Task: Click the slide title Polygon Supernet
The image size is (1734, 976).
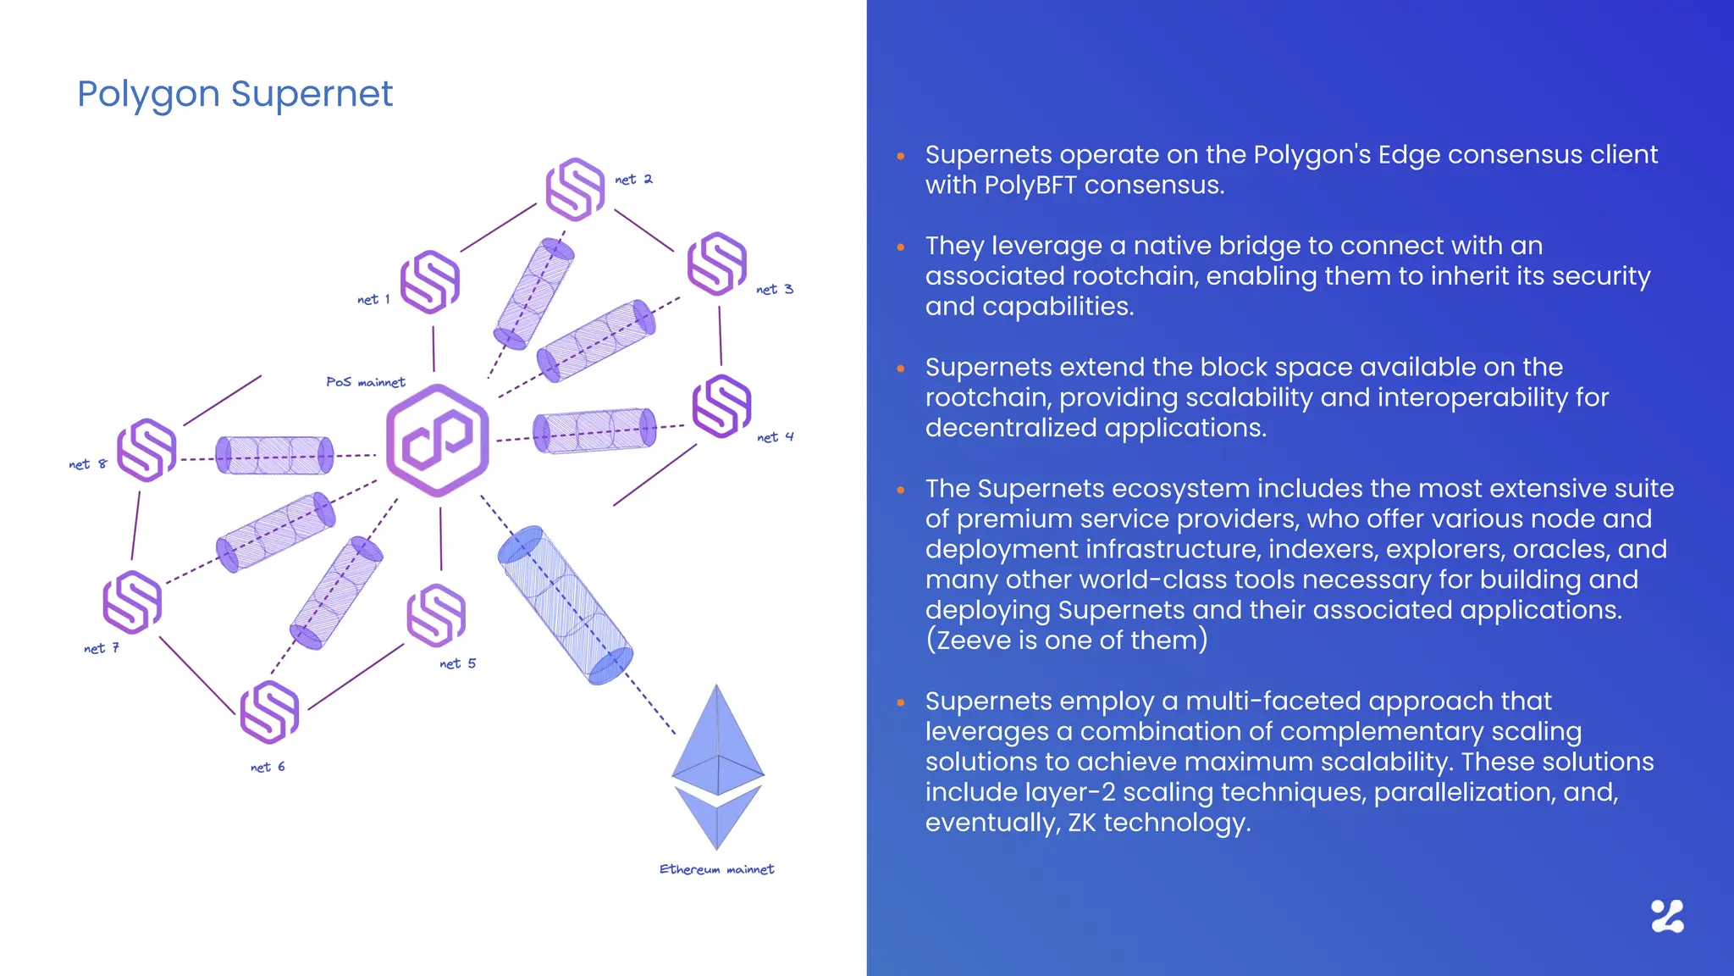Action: tap(235, 94)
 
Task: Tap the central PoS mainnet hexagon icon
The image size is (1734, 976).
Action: tap(438, 441)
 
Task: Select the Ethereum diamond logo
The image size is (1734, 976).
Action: tap(718, 767)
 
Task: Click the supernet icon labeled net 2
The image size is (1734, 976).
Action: tap(576, 189)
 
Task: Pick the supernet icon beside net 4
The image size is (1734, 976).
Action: tap(722, 407)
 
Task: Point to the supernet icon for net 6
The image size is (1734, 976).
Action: tap(270, 712)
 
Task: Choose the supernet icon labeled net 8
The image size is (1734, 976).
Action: tap(146, 450)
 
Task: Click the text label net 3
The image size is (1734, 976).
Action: tap(775, 290)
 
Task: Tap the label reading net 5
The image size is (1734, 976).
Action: tap(458, 663)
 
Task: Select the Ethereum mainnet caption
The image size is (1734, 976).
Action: tap(716, 869)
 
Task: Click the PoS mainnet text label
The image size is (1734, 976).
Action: tap(366, 382)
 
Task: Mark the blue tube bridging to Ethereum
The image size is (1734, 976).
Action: tap(565, 605)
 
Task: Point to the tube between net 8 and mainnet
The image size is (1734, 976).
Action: tap(274, 456)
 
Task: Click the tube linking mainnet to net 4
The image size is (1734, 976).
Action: tap(594, 431)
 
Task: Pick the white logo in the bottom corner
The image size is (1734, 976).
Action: tap(1667, 917)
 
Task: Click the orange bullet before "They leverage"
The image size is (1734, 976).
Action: tap(901, 247)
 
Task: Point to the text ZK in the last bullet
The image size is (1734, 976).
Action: tap(1082, 823)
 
